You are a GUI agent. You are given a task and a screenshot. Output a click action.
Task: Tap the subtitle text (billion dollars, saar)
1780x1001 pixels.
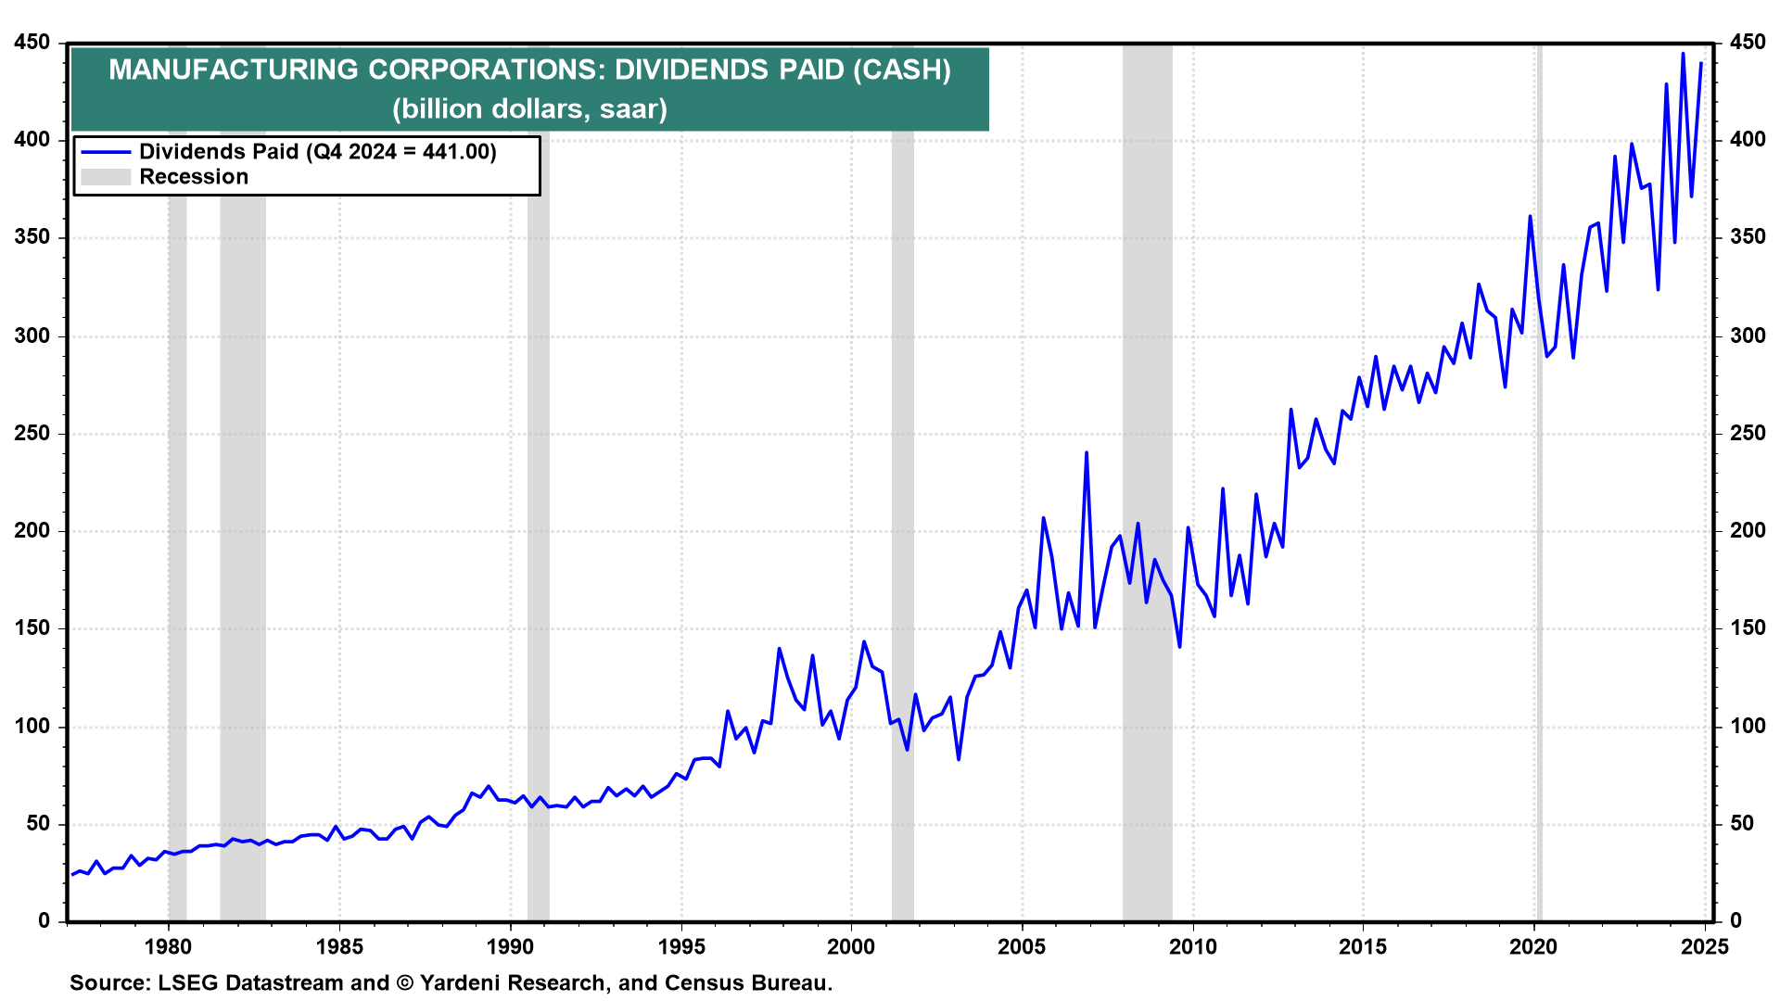529,109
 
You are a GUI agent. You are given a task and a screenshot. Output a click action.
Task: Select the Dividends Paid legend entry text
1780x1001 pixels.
318,151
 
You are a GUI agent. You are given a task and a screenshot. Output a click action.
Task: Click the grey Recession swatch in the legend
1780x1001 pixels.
106,177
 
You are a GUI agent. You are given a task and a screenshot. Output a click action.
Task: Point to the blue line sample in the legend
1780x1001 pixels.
106,151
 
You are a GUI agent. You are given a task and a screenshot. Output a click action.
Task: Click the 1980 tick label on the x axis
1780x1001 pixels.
168,946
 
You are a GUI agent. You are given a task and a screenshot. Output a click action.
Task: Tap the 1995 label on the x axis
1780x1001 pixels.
681,946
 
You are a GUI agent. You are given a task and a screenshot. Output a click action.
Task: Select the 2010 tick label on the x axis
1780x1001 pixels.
1193,946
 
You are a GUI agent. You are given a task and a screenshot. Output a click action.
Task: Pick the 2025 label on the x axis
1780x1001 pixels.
1705,946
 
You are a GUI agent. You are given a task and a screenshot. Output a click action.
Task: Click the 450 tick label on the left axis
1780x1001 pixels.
32,43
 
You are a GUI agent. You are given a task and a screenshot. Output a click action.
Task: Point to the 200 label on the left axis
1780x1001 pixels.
32,531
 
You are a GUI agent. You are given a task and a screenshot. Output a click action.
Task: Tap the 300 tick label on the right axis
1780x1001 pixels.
1748,336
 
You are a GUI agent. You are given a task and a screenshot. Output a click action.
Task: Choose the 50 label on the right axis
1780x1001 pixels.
1742,823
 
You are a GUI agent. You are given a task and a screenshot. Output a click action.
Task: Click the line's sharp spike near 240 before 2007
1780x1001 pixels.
1086,453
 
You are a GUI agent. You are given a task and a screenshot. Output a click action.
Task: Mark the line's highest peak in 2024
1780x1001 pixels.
1683,54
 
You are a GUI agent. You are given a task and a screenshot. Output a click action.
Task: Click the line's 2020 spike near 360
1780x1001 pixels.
1530,217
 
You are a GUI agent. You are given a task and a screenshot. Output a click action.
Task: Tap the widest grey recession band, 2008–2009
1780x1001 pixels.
1147,482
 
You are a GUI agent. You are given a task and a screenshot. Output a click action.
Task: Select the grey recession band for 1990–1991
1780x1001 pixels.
538,482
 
